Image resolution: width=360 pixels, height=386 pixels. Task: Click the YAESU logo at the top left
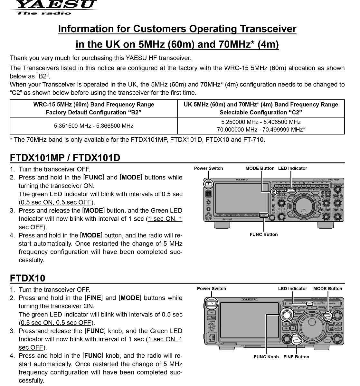(53, 5)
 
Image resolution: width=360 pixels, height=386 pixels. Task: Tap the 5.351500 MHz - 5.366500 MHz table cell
(93, 126)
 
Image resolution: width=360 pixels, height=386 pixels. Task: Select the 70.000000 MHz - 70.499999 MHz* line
(261, 130)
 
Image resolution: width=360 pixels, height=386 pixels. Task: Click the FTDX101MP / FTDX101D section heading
(65, 158)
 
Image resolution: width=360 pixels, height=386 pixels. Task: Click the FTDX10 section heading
(28, 278)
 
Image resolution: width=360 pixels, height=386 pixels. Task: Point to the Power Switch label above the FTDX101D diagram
(208, 168)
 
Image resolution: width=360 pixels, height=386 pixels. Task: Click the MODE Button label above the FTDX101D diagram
(260, 168)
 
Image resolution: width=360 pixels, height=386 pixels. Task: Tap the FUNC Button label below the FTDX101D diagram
(263, 234)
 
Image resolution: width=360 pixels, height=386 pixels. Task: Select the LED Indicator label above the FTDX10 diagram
(292, 289)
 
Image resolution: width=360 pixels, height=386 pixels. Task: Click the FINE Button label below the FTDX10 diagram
(296, 357)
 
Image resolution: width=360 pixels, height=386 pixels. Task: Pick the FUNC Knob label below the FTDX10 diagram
(266, 357)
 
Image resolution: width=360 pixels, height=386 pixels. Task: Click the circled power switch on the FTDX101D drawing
(209, 184)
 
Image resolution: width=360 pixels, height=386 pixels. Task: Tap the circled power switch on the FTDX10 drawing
(212, 303)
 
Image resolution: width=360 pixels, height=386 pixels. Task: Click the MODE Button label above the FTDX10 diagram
(327, 289)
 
